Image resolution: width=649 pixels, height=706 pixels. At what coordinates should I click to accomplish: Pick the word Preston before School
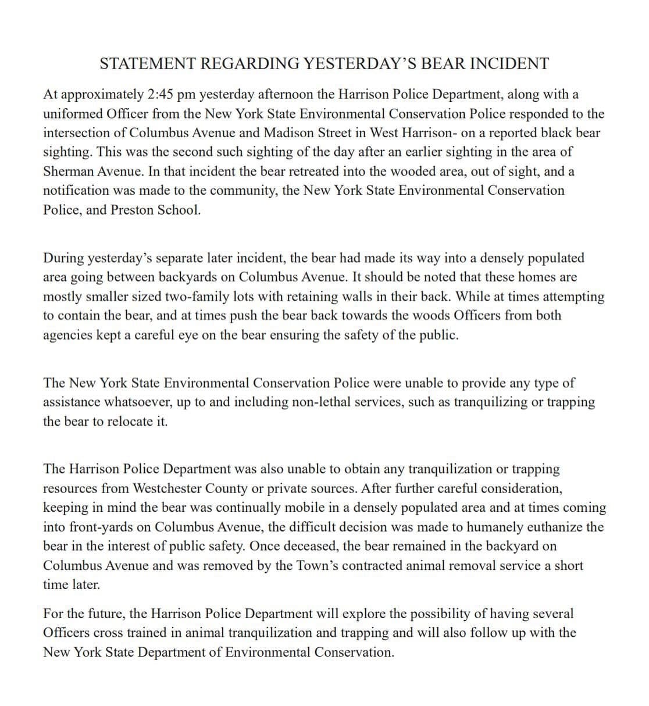[130, 210]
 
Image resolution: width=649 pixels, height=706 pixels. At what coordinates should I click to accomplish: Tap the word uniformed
[73, 113]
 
